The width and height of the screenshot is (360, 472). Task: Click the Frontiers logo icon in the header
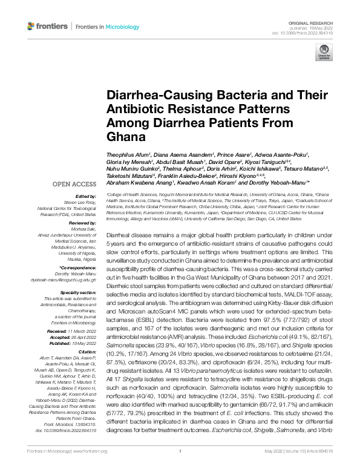[31, 27]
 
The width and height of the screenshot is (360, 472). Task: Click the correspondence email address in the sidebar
[71, 280]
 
